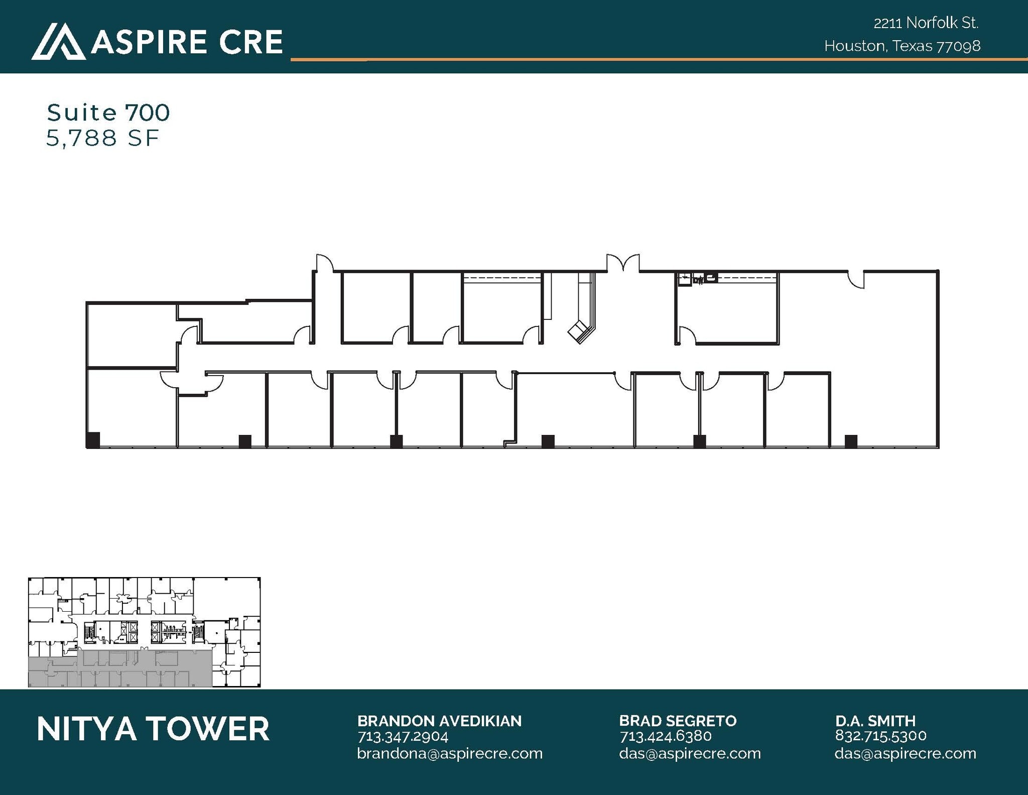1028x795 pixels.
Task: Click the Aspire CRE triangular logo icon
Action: tap(58, 42)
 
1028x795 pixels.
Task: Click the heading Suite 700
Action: tap(108, 112)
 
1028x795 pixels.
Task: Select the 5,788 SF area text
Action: tap(102, 138)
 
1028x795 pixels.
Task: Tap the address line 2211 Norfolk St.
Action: tap(926, 23)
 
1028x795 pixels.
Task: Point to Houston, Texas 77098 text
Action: tap(902, 46)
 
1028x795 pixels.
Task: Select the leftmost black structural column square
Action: tap(93, 439)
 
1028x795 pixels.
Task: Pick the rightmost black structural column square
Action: tap(851, 441)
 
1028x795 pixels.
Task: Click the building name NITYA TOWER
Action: tap(153, 729)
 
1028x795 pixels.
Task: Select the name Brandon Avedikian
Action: tap(439, 721)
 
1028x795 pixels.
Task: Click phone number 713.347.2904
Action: tap(403, 737)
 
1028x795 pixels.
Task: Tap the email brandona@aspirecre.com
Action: tap(450, 753)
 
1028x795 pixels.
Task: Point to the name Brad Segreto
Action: tap(678, 721)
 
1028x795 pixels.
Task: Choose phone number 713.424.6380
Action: tap(666, 736)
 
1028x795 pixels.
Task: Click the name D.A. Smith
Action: tap(875, 721)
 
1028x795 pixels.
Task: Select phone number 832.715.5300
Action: tap(881, 736)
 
